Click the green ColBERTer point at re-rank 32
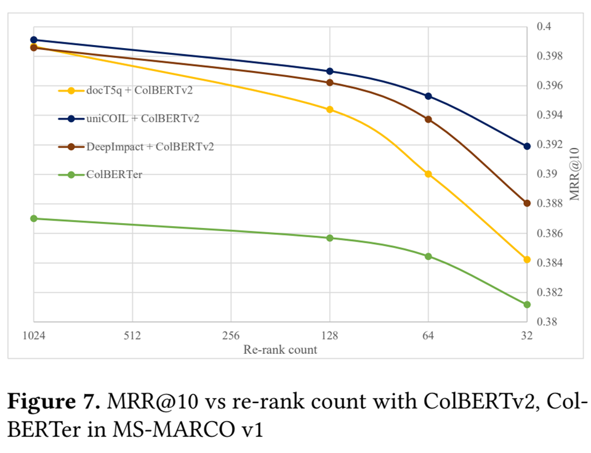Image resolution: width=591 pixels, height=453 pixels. point(527,304)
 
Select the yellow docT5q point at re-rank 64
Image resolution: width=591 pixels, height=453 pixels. point(428,174)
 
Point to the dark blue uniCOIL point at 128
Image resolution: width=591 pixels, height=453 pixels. point(330,71)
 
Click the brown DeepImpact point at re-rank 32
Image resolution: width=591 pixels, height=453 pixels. point(527,203)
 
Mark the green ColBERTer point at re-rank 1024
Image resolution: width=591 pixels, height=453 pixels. point(34,219)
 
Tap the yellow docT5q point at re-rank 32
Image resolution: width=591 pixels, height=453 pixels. point(527,259)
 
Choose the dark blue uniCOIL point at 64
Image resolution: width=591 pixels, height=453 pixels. point(428,96)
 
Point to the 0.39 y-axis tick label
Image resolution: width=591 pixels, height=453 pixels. point(546,174)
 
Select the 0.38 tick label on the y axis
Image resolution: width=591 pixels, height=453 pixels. point(546,322)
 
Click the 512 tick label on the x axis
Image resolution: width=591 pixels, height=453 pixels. point(132,336)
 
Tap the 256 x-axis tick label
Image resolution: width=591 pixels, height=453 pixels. point(231,336)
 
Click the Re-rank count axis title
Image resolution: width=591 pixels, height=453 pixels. point(280,349)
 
